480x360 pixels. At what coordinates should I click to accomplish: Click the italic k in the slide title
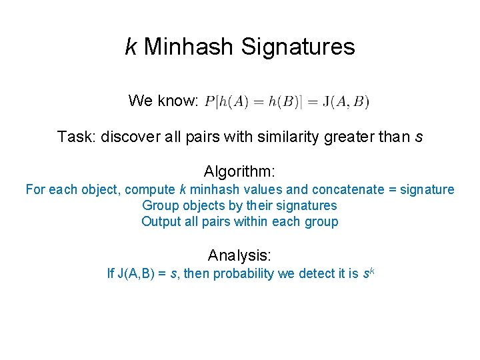[131, 47]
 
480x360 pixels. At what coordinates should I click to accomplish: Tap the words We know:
[163, 101]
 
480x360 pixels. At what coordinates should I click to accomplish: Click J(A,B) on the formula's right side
[345, 101]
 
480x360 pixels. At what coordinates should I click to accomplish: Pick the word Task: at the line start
[75, 137]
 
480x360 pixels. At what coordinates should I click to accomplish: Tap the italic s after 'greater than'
[418, 137]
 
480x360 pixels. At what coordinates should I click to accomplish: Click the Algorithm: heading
[239, 171]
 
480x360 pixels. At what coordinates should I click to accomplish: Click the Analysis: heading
[239, 255]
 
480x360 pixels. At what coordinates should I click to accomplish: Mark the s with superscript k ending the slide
[366, 273]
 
